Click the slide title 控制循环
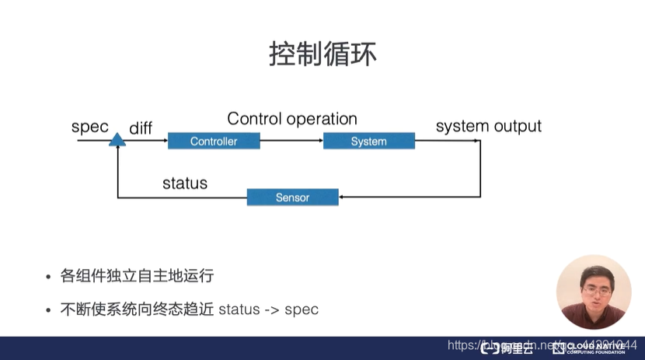[x=322, y=54]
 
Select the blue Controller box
[x=214, y=141]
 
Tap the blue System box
[x=368, y=141]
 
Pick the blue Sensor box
[x=292, y=197]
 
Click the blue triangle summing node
[x=117, y=140]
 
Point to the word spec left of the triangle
[x=89, y=127]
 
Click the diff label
[x=141, y=128]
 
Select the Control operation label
[x=292, y=119]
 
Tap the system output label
[x=488, y=126]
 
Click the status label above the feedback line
[x=185, y=183]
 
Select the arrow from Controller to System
[x=291, y=141]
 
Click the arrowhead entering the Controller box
[x=164, y=141]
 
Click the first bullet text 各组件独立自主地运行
[x=137, y=276]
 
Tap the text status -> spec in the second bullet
[x=269, y=309]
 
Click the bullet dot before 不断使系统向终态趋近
[x=49, y=310]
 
